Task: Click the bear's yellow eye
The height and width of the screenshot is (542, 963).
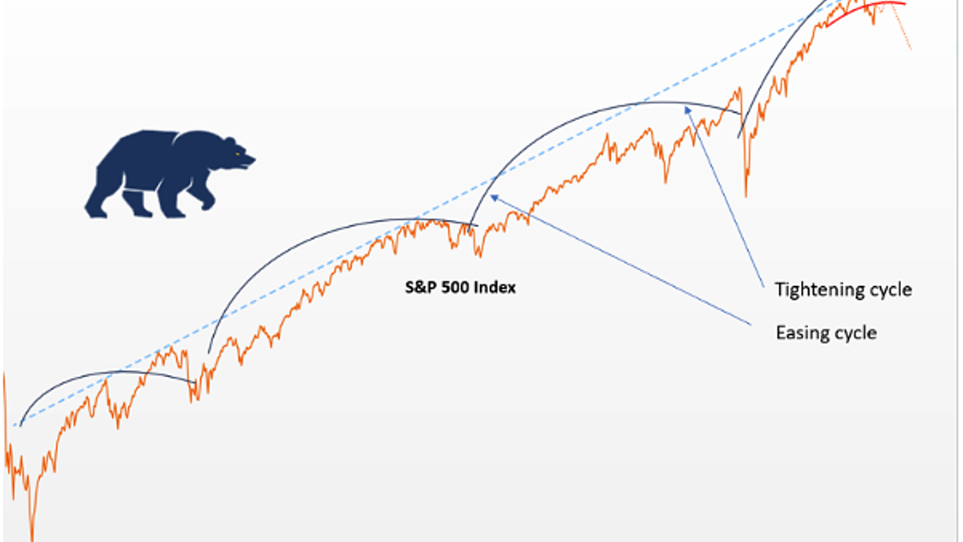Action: tap(237, 154)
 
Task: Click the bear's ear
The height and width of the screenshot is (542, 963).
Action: tap(229, 141)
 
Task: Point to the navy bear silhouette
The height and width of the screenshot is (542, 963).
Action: tap(170, 174)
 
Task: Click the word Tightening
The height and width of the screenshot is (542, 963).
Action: tap(819, 290)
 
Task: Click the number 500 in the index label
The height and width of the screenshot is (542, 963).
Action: tap(455, 287)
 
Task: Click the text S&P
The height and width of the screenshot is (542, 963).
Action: tap(421, 287)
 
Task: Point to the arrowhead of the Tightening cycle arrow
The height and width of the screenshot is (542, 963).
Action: tap(687, 110)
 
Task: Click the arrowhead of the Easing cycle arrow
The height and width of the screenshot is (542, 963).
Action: tap(495, 198)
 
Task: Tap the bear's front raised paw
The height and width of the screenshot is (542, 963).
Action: tap(208, 204)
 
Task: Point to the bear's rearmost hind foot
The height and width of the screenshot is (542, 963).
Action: tap(97, 212)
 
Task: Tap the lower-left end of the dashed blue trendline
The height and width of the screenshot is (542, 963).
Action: tap(14, 426)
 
